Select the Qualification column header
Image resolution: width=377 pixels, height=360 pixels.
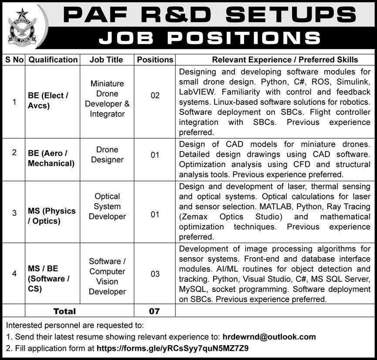click(x=53, y=60)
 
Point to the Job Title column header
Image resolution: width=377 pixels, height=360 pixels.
click(x=106, y=60)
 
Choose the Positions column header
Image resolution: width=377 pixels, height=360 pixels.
click(x=155, y=60)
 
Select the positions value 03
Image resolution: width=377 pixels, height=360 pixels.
click(x=155, y=274)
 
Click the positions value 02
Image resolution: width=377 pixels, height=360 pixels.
click(x=155, y=95)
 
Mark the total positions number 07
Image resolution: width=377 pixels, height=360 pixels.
click(x=155, y=311)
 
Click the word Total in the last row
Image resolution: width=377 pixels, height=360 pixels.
click(x=65, y=311)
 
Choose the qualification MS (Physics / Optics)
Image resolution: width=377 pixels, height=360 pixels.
click(x=51, y=216)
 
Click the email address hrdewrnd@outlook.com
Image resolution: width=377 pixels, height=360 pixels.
click(x=269, y=336)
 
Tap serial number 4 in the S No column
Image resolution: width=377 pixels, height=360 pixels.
click(x=14, y=274)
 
